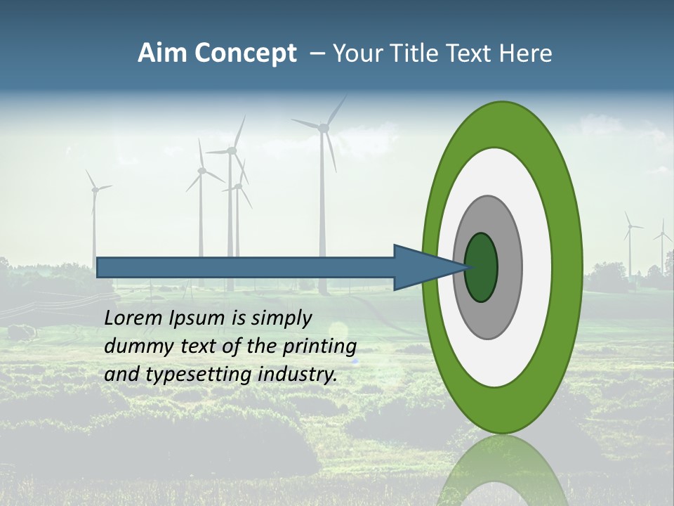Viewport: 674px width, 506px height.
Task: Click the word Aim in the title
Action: coord(161,53)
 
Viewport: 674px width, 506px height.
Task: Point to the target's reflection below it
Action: coord(502,471)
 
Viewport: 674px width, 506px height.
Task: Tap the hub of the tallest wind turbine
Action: coord(323,127)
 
